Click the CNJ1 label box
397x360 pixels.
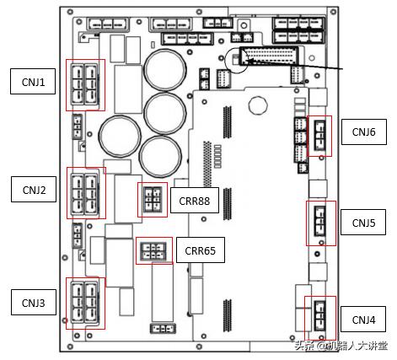[x=33, y=81]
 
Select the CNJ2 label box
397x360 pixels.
[x=34, y=190]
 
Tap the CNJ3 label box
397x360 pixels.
[x=34, y=303]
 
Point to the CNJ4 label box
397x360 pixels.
[x=363, y=319]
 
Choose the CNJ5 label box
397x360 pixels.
[x=363, y=222]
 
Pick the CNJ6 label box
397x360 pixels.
[x=364, y=132]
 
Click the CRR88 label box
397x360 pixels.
[x=195, y=200]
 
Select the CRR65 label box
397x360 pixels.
[x=201, y=250]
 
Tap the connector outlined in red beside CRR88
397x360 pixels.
[x=153, y=200]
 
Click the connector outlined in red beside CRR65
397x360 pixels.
[x=153, y=251]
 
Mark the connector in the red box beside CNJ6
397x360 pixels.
[x=319, y=135]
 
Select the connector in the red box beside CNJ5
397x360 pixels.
[x=319, y=222]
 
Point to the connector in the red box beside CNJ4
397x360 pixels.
[x=319, y=316]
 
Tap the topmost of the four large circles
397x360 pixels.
[x=165, y=70]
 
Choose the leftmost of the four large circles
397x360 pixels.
[x=120, y=137]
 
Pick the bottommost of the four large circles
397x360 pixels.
[x=160, y=157]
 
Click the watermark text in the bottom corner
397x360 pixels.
[x=341, y=346]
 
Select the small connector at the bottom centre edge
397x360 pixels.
[x=163, y=329]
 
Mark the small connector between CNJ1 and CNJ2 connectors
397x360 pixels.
[x=77, y=126]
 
